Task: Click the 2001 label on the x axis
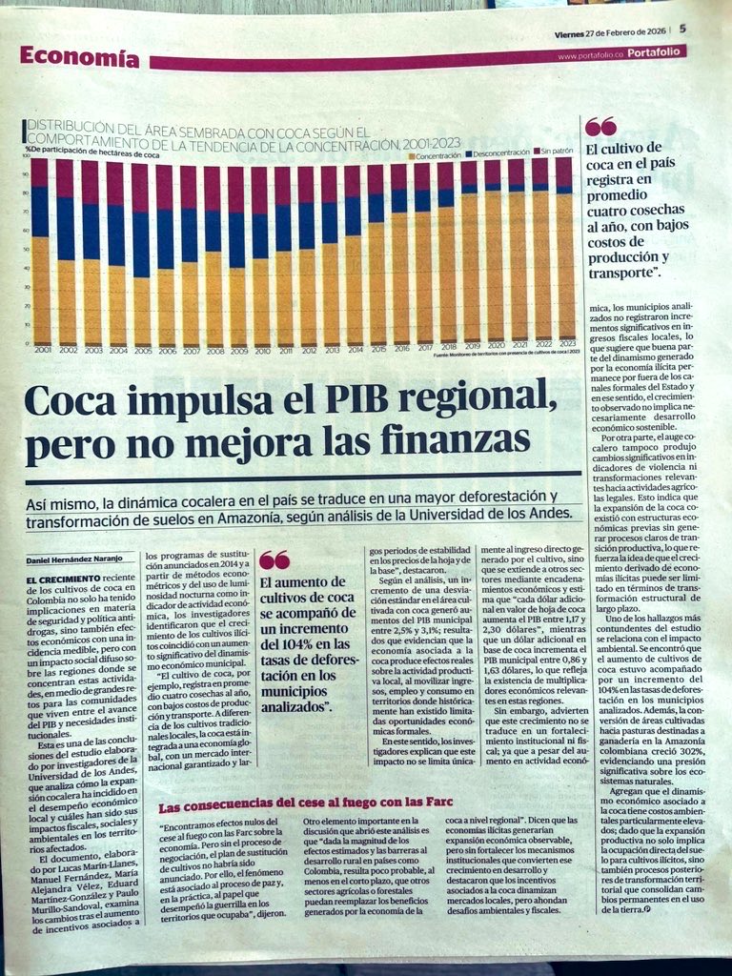pyautogui.click(x=43, y=350)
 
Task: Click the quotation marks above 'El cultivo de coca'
pyautogui.click(x=600, y=126)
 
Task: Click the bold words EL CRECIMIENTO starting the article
pyautogui.click(x=62, y=578)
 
